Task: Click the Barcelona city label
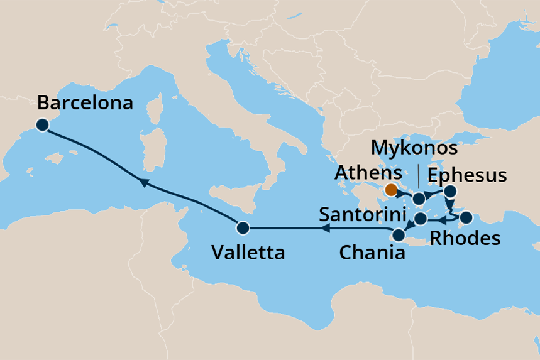click(85, 102)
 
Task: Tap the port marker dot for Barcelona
click(42, 124)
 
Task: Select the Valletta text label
click(248, 253)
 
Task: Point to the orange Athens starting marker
click(391, 189)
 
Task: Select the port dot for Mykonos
click(419, 199)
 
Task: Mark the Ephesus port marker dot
click(450, 192)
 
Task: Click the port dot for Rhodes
click(466, 219)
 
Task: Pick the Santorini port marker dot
click(421, 219)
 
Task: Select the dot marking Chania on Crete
click(398, 236)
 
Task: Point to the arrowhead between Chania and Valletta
click(327, 229)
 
